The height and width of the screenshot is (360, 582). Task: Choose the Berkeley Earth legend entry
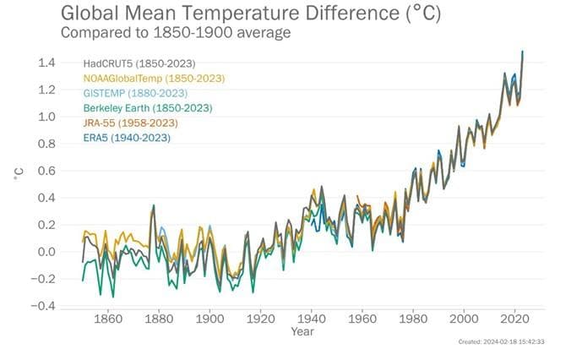[x=147, y=108]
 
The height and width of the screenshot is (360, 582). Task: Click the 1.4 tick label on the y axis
[x=47, y=63]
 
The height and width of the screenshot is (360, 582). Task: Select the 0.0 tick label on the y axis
[x=47, y=252]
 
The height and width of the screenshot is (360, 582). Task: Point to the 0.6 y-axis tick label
[x=47, y=171]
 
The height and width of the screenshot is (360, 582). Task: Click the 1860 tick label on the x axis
[x=106, y=320]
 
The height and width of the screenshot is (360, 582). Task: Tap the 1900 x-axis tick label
[x=209, y=320]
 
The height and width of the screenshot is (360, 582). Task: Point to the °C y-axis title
[x=19, y=173]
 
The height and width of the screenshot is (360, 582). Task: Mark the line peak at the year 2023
[x=523, y=52]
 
